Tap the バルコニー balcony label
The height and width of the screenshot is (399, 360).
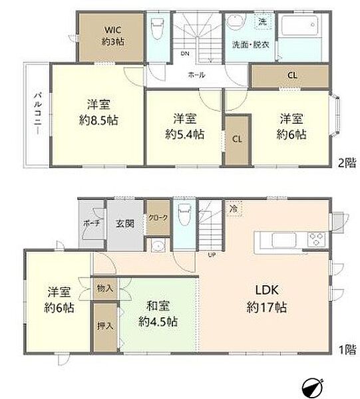click(x=36, y=115)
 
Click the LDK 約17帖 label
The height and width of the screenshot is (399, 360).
click(x=270, y=299)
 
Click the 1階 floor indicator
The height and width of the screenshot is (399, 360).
click(x=345, y=349)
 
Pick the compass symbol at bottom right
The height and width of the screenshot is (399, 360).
click(x=313, y=386)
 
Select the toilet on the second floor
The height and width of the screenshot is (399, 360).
click(x=158, y=31)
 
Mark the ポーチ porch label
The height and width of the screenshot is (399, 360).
click(x=91, y=223)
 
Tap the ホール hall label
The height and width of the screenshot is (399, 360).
click(x=196, y=75)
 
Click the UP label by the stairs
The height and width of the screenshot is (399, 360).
click(x=212, y=255)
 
